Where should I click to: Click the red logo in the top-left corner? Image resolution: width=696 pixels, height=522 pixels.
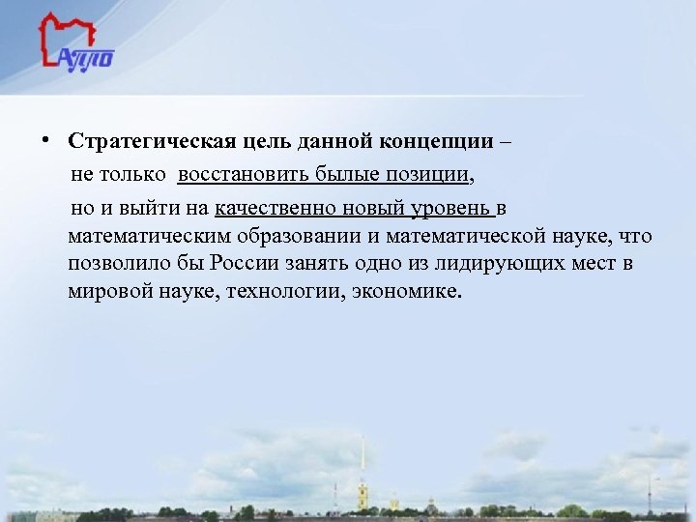[x=75, y=43]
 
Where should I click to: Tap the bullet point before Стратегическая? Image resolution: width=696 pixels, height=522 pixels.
[x=45, y=139]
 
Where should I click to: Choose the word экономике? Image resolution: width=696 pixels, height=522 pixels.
[x=413, y=291]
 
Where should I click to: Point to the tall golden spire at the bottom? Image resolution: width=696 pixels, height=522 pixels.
[x=362, y=464]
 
